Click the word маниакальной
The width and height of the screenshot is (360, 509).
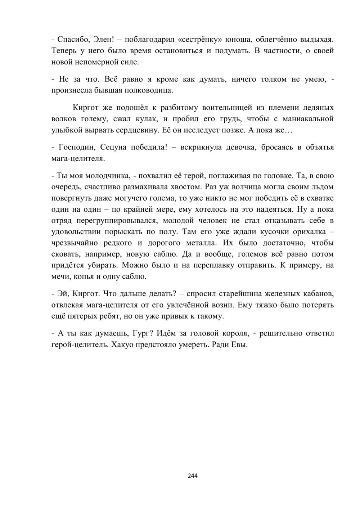click(308, 118)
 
